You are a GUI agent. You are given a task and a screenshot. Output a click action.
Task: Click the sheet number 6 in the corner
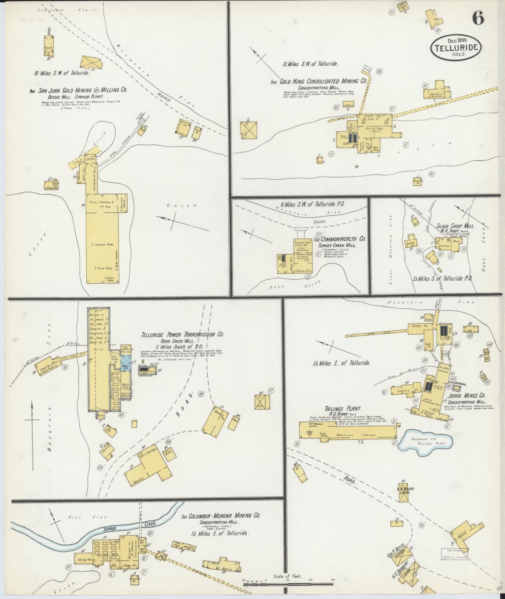pos(478,18)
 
